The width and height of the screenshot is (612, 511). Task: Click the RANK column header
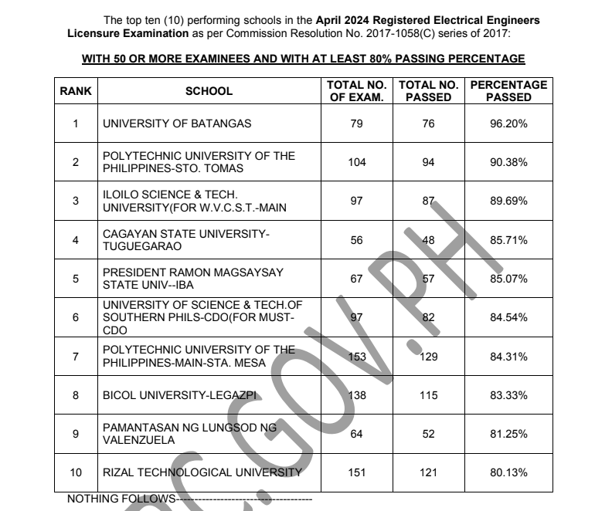[x=76, y=91]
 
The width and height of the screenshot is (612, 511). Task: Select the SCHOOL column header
[x=209, y=91]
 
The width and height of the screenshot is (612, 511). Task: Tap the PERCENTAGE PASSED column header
[x=508, y=91]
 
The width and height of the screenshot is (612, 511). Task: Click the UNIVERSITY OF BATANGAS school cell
[x=177, y=124]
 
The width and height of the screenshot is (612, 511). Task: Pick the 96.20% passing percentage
[x=508, y=124]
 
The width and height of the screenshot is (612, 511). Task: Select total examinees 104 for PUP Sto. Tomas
[x=356, y=162]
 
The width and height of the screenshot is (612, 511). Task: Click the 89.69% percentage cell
[x=508, y=201]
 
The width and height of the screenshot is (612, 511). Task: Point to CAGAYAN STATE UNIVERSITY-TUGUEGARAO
[x=186, y=240]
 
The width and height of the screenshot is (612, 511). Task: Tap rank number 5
[x=76, y=279]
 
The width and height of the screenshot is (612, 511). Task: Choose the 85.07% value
[x=508, y=279]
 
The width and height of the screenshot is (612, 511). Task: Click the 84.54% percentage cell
[x=508, y=317]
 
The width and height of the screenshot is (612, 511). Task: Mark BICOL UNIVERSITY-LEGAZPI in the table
[x=179, y=395]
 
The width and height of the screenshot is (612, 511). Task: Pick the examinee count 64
[x=356, y=434]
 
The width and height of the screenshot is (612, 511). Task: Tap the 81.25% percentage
[x=508, y=434]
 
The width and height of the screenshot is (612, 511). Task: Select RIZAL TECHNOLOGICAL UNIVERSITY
[x=202, y=472]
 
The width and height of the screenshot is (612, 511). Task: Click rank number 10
[x=76, y=472]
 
